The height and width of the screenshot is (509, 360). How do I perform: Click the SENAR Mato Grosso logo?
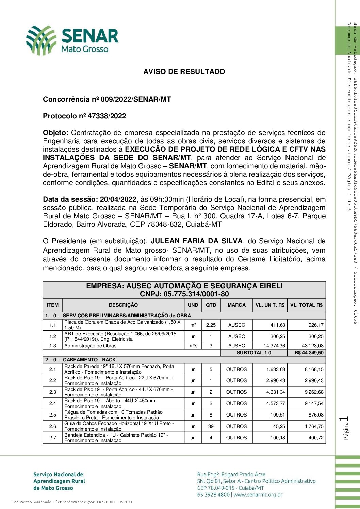pos(72,40)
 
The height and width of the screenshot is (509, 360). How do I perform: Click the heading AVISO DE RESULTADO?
pos(184,72)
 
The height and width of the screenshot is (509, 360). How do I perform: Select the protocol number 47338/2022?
pos(107,116)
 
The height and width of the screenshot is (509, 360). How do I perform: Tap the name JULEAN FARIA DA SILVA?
pos(197,241)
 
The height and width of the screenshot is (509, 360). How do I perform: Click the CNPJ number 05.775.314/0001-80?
pos(196,294)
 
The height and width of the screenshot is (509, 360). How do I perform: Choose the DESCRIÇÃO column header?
pos(123,305)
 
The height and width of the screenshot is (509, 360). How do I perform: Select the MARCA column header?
pos(236,305)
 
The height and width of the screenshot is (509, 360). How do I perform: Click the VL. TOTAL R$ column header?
pos(306,305)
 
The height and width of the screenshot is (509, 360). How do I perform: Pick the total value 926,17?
pos(316,325)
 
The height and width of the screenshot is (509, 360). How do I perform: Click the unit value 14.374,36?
pos(274,346)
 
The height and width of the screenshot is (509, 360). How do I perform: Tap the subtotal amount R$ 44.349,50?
pos(309,353)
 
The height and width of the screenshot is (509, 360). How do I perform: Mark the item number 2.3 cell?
pos(52,392)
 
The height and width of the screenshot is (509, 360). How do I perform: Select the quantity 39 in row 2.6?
pos(211,426)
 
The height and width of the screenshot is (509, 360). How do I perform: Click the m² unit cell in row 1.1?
pos(193,325)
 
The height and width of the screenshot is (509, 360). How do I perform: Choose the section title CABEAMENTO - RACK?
pos(89,360)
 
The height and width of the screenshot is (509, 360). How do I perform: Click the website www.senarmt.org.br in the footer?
pos(258,495)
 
